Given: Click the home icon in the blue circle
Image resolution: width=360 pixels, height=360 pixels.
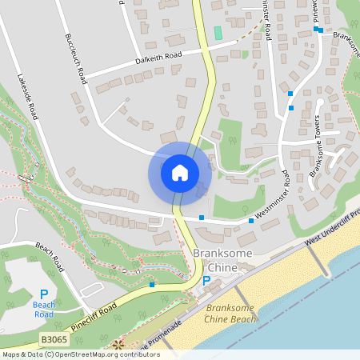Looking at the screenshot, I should coord(180,173).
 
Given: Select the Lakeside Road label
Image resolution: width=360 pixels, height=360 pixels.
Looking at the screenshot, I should coord(28,94).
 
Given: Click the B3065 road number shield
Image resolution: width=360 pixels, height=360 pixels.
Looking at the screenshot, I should coord(54,339).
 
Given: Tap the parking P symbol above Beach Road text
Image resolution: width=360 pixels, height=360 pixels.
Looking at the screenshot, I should coord(44,294).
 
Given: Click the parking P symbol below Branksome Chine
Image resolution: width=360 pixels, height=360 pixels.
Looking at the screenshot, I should coord(206,281).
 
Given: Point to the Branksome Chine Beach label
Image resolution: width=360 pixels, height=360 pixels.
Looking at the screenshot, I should coord(231,313).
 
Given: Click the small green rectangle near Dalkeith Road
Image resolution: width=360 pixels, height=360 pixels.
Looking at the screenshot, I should coord(218,33).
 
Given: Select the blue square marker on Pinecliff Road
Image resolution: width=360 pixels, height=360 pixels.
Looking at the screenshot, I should coord(152,284).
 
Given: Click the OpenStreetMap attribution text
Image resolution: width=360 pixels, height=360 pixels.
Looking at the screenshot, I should coord(92,354).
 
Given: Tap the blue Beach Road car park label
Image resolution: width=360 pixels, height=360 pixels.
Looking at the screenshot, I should coord(44,309).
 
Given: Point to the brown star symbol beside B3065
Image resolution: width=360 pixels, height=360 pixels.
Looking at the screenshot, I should coord(118,346).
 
